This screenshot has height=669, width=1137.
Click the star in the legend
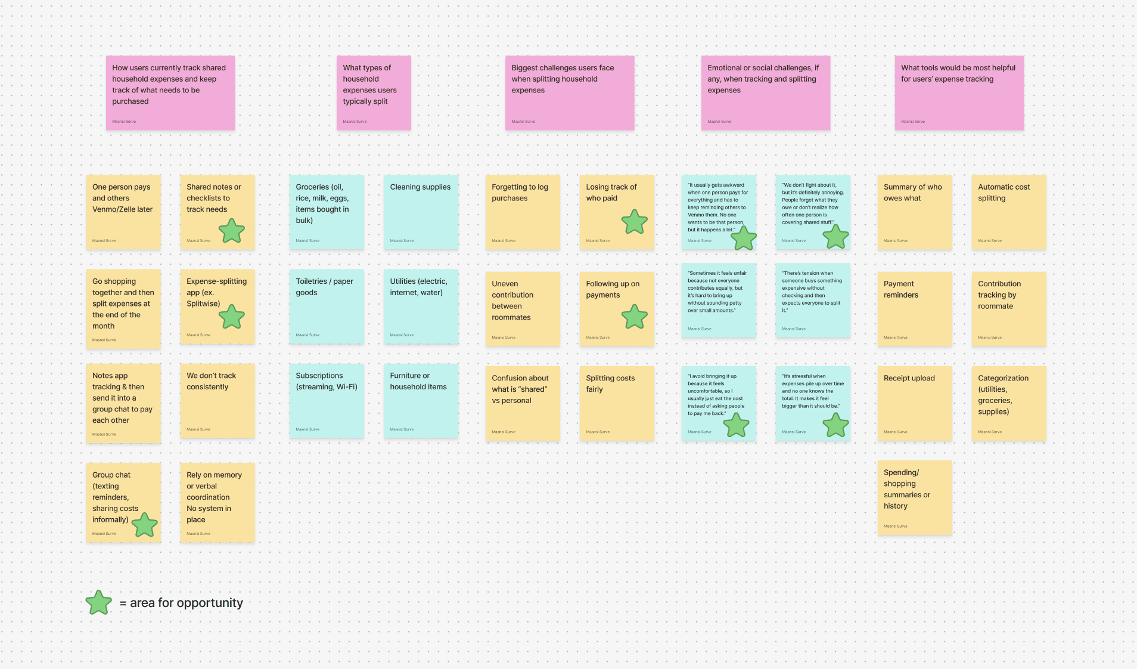[99, 603]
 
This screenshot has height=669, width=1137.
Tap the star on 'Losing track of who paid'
[635, 222]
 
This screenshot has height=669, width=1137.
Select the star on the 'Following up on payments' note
[635, 317]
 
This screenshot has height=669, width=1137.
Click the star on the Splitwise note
[232, 317]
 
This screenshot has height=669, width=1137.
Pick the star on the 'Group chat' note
[144, 525]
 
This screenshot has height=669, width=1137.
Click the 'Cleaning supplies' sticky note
[421, 212]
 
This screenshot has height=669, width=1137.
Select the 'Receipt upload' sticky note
[914, 403]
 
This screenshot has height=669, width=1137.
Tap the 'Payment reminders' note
[914, 309]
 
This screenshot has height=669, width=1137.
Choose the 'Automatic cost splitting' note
[1008, 212]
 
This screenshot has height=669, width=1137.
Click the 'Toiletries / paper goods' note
[327, 306]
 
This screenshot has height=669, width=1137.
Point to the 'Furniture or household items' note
[421, 401]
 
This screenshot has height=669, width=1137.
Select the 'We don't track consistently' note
[217, 401]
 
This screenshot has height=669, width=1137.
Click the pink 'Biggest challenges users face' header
[569, 92]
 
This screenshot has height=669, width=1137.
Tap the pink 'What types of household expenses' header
[374, 92]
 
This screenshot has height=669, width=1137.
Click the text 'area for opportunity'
[187, 603]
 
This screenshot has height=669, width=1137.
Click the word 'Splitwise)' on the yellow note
[203, 303]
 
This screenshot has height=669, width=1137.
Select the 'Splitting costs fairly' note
[616, 403]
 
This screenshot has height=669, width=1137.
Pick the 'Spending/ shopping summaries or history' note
[914, 497]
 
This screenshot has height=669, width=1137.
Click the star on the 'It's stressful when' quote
[835, 425]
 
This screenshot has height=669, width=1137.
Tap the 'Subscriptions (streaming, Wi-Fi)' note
[327, 401]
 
